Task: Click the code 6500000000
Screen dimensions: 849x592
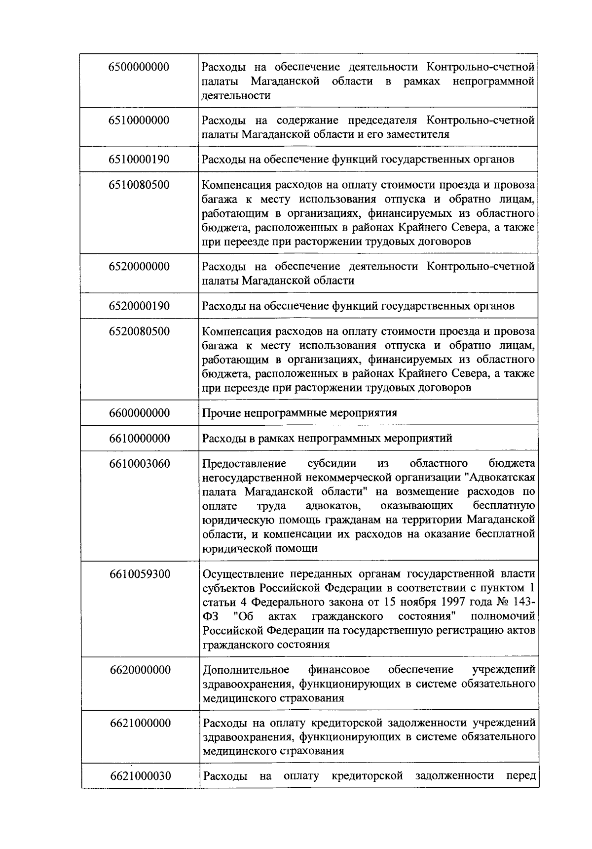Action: pyautogui.click(x=139, y=67)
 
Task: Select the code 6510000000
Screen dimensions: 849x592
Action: pyautogui.click(x=139, y=121)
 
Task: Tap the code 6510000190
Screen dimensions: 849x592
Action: pyautogui.click(x=139, y=160)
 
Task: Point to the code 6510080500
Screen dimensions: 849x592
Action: pyautogui.click(x=139, y=185)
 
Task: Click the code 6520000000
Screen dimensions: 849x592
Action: pyautogui.click(x=139, y=267)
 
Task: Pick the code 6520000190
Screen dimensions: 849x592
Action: pyautogui.click(x=139, y=306)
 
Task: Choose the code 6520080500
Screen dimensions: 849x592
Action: pyautogui.click(x=139, y=331)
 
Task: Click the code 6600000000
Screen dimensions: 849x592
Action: pyautogui.click(x=139, y=413)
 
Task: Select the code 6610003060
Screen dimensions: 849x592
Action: pyautogui.click(x=139, y=464)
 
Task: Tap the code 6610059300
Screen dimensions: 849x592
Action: pyautogui.click(x=139, y=574)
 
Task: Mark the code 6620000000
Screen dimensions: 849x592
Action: pyautogui.click(x=140, y=670)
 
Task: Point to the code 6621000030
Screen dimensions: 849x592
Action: pyautogui.click(x=140, y=776)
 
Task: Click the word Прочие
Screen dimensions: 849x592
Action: pyautogui.click(x=221, y=413)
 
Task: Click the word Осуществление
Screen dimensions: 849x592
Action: pyautogui.click(x=242, y=574)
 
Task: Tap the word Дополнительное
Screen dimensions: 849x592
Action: pyautogui.click(x=246, y=670)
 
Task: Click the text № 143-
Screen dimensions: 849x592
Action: pyautogui.click(x=518, y=603)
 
